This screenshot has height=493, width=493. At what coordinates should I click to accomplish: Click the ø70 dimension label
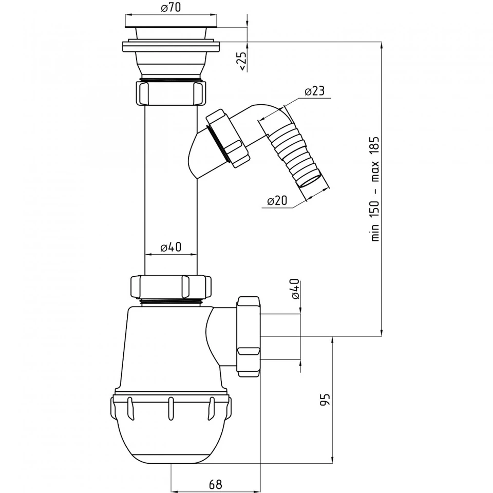tap(171, 7)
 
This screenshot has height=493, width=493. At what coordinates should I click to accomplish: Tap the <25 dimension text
tap(242, 61)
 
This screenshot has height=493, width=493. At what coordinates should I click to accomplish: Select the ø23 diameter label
tap(314, 91)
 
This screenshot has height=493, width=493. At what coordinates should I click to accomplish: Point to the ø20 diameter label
tap(277, 200)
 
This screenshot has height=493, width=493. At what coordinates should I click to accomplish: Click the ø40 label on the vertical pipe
tap(170, 247)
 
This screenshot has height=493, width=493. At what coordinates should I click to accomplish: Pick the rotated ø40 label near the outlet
tap(295, 289)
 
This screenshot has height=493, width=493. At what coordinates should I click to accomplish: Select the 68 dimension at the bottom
tap(215, 484)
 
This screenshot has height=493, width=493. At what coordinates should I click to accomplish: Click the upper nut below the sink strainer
tap(171, 93)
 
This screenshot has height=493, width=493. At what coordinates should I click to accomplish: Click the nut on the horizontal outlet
tap(249, 336)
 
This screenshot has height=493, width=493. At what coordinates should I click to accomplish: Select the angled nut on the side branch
tap(227, 138)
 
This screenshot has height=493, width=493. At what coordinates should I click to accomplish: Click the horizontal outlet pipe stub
tap(280, 336)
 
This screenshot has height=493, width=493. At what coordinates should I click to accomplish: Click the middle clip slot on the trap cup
tap(170, 409)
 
